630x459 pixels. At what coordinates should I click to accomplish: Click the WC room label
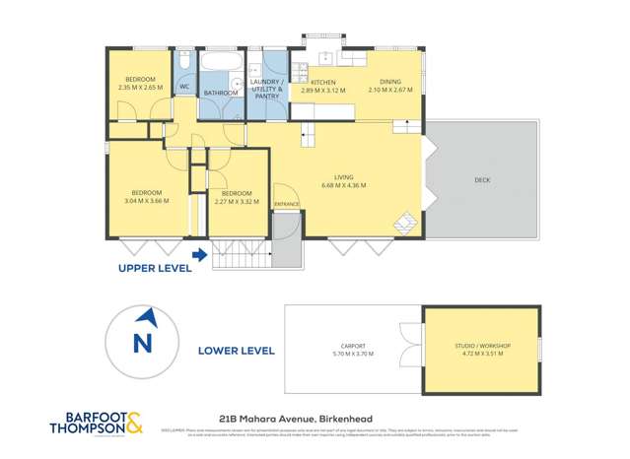tap(184, 87)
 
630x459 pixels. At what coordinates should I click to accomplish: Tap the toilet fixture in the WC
tap(184, 63)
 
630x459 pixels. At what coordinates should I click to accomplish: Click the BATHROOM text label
tap(220, 94)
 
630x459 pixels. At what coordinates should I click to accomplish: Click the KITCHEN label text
tap(325, 82)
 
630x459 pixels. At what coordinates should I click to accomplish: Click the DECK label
tap(482, 179)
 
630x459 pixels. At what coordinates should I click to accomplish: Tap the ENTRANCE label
tap(287, 204)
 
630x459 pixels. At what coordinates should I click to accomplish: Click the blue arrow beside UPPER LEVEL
tap(200, 256)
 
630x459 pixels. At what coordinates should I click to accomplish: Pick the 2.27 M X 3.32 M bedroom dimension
tap(237, 201)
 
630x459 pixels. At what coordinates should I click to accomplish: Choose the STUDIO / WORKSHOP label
tap(482, 347)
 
